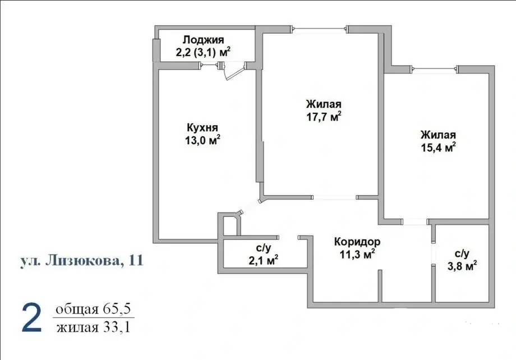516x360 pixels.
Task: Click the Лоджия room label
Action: (x=203, y=40)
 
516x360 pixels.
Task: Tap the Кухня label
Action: (x=202, y=127)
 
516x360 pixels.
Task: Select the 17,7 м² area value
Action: (x=324, y=117)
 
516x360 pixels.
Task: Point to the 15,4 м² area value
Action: (x=439, y=147)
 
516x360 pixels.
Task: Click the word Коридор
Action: (x=357, y=242)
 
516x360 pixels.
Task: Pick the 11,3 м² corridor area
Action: (x=357, y=255)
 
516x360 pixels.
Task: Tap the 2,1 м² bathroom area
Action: (x=263, y=261)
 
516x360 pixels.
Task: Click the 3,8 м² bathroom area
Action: (x=462, y=266)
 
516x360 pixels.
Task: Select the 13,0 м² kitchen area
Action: (x=202, y=140)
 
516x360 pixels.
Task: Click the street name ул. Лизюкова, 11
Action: (x=82, y=260)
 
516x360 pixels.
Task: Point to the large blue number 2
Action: (x=31, y=318)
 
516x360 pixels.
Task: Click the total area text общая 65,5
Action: (x=93, y=309)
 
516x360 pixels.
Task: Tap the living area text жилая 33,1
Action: (x=93, y=327)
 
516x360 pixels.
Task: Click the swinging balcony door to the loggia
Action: (x=234, y=71)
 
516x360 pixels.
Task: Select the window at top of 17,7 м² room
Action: (x=319, y=30)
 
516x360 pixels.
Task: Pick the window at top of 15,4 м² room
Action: (x=434, y=70)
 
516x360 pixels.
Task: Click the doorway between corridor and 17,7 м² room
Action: (x=334, y=197)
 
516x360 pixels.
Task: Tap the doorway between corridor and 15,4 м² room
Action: (x=415, y=221)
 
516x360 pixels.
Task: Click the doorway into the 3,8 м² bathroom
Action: (x=434, y=253)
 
